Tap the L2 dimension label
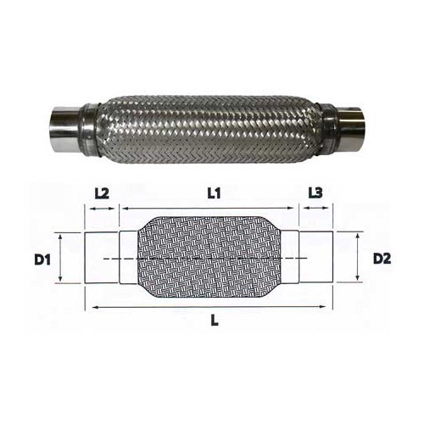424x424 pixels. (x=102, y=193)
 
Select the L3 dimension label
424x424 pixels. (x=315, y=193)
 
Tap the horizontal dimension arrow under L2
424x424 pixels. (x=102, y=208)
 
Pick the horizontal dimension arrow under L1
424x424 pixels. (x=212, y=208)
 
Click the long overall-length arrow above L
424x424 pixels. (x=212, y=305)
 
